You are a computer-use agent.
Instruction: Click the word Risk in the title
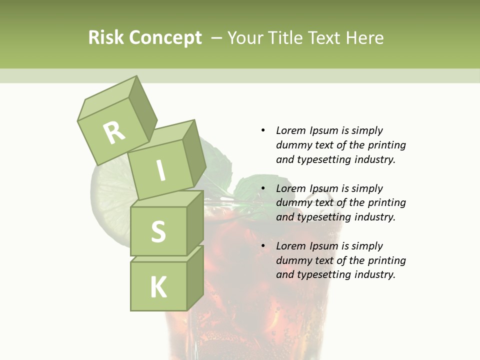[106, 38]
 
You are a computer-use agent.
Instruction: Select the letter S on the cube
[158, 232]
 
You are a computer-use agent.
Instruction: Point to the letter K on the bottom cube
[158, 287]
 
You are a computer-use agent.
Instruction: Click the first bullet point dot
[263, 130]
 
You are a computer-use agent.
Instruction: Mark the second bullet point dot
[263, 188]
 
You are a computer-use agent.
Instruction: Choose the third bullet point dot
[263, 246]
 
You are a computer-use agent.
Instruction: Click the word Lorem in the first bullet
[291, 130]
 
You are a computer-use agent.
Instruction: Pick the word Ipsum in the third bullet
[323, 246]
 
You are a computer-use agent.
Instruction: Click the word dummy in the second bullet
[292, 202]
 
